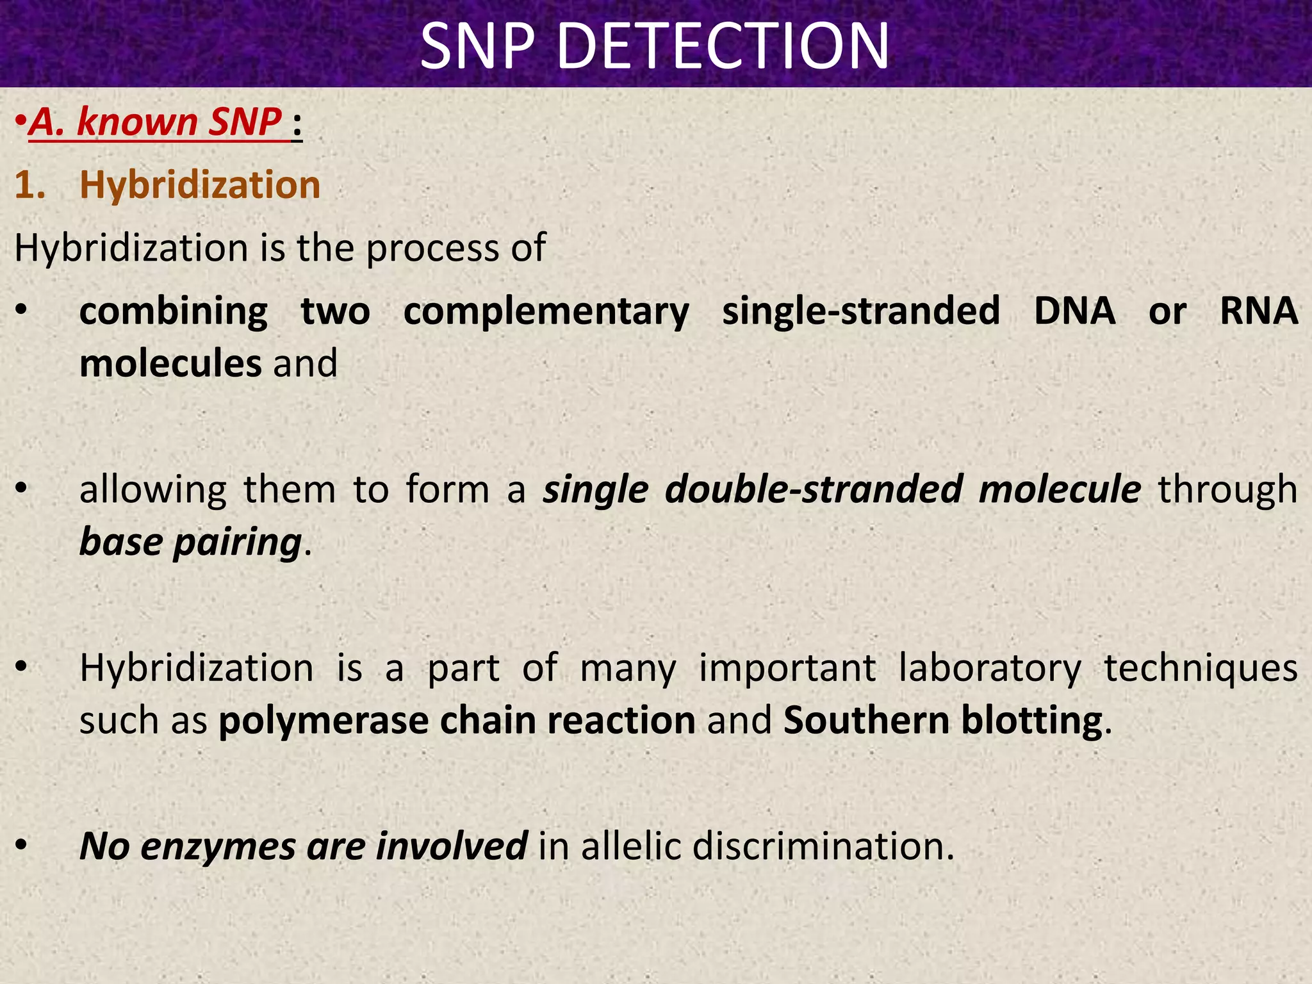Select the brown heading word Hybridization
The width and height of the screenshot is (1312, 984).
coord(200,185)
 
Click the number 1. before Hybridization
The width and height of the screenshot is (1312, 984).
coord(30,185)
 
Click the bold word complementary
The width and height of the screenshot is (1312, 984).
coord(546,312)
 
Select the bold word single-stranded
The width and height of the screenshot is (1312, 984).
coord(861,312)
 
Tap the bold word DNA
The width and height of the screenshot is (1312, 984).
coord(1074,312)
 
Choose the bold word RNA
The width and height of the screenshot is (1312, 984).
coord(1258,312)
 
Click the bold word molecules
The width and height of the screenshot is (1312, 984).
coord(170,363)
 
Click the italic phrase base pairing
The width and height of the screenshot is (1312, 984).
coord(190,543)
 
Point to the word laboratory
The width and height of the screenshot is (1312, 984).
coord(990,668)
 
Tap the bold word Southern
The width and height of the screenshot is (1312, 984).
coord(865,721)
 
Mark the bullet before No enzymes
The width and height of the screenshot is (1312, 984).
coord(22,846)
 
